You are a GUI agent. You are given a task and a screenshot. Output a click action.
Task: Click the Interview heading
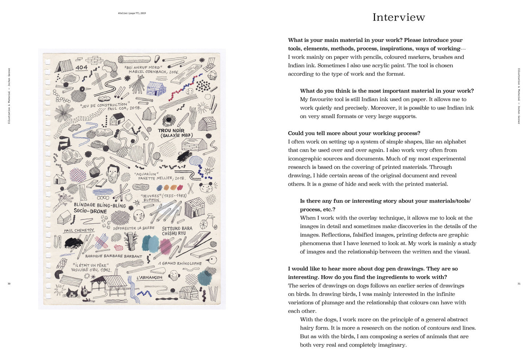[x=399, y=17]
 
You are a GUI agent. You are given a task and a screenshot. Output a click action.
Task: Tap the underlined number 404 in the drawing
[x=81, y=67]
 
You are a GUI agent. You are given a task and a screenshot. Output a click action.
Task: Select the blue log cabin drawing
[x=156, y=88]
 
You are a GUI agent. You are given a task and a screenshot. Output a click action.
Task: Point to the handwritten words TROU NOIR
[x=171, y=130]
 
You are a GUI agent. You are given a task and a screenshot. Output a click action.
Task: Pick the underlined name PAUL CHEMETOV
[x=79, y=230]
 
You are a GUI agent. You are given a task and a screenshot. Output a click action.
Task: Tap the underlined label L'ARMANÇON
[x=149, y=278]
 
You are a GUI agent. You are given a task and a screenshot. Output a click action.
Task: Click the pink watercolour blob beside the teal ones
[x=166, y=246]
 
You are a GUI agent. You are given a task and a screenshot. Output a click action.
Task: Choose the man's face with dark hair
[x=113, y=173]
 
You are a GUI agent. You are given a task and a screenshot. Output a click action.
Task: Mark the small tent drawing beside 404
[x=64, y=66]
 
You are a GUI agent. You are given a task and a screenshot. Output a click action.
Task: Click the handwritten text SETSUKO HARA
[x=177, y=228]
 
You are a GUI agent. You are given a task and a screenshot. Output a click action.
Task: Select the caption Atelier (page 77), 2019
[x=132, y=13]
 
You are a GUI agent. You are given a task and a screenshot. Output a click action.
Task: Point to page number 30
[x=9, y=284]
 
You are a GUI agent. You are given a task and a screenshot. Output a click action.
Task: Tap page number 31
[x=518, y=284]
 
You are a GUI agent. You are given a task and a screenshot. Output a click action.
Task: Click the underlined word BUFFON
[x=151, y=200]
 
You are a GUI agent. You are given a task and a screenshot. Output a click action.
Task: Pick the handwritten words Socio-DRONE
[x=90, y=211]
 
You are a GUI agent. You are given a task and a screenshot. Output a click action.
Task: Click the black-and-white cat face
[x=72, y=293]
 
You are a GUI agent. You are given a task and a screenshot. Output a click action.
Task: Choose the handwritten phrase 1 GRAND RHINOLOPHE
[x=180, y=263]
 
